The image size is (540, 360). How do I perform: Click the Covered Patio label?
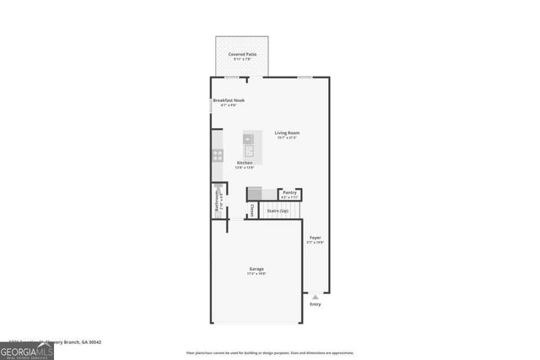point(242,55)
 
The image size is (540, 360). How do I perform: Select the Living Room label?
point(287,132)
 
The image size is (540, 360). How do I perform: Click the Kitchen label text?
point(245,162)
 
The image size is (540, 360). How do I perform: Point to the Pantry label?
point(289,192)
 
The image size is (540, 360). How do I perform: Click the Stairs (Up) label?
point(278,211)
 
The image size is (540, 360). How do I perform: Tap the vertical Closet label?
point(251,210)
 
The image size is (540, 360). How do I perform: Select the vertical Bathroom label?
point(217,201)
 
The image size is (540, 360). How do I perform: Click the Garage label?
point(256,269)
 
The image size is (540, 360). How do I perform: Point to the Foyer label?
point(315,238)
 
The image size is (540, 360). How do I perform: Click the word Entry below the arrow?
point(316,304)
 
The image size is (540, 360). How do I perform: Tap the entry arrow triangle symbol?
point(316,297)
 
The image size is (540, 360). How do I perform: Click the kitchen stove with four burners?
point(217,155)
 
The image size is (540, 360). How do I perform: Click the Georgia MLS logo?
point(27,347)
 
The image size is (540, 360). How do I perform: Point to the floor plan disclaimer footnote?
point(270,353)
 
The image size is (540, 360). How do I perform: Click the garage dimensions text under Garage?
point(256,274)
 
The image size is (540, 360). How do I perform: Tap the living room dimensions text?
point(287,137)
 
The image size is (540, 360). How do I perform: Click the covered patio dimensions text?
point(242,60)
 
